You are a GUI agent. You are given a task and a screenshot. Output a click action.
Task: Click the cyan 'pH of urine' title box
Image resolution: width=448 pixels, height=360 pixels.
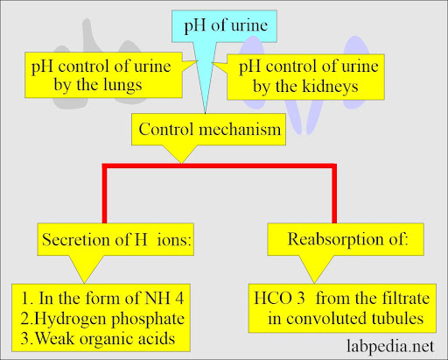click(x=224, y=26)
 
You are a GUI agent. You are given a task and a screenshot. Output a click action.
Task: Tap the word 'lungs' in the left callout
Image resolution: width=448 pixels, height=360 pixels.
click(x=122, y=85)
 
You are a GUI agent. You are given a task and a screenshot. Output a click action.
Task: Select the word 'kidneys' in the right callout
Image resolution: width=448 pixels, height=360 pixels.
click(x=331, y=87)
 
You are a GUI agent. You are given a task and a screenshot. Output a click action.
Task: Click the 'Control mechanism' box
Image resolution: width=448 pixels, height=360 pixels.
click(x=208, y=130)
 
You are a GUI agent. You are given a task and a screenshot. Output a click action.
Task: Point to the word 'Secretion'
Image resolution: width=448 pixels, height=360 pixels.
click(x=76, y=240)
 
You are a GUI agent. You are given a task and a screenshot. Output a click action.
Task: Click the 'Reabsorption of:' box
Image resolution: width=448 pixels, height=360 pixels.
click(x=346, y=239)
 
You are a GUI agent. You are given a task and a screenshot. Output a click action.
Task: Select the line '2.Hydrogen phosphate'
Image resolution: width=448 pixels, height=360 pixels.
click(x=102, y=319)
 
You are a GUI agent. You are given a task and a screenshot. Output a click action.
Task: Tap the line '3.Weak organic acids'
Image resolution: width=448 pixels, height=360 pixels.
click(x=98, y=339)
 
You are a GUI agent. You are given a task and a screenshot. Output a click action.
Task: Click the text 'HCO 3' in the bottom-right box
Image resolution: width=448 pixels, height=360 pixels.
click(x=279, y=299)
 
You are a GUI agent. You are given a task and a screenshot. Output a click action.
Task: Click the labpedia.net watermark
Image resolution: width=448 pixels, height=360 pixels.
click(x=390, y=346)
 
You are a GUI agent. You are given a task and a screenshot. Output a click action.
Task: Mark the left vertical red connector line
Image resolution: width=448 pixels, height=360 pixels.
click(x=104, y=194)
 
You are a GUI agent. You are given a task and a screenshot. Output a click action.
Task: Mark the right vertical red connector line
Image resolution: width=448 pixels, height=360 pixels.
click(x=334, y=194)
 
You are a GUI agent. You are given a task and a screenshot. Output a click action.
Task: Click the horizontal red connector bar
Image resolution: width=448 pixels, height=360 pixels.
click(x=220, y=166)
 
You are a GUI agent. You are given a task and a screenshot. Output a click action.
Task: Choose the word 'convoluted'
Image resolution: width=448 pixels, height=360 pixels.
click(x=326, y=318)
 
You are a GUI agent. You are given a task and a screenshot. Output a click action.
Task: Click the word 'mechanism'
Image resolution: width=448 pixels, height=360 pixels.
click(x=240, y=130)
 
